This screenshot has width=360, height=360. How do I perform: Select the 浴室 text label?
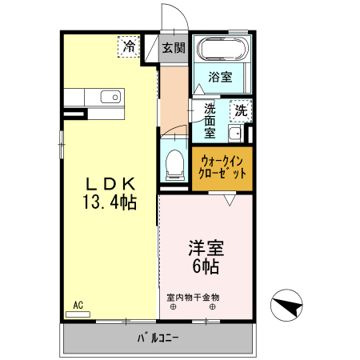220,77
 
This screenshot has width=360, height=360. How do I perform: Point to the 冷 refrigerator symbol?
128,46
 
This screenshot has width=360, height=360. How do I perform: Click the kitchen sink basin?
110,98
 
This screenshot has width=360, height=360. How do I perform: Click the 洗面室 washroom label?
210,120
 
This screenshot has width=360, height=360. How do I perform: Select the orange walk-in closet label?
222,166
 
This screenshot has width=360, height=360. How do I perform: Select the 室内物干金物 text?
193,298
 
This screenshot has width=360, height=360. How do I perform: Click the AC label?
78,305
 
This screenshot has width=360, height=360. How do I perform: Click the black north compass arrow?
288,305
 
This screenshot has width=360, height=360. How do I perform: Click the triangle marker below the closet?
230,201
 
